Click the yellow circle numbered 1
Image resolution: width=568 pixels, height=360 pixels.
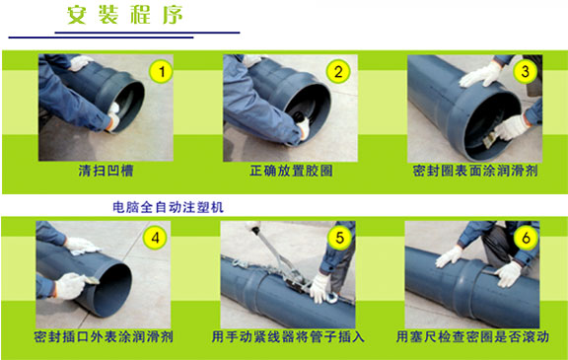point(161,71)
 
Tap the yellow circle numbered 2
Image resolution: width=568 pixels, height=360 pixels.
point(338,71)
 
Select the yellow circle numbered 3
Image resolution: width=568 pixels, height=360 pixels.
point(526,71)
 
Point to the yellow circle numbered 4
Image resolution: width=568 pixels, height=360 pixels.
point(155,238)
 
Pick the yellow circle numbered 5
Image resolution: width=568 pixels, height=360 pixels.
point(339,238)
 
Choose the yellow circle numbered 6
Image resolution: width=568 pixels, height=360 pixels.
point(526,238)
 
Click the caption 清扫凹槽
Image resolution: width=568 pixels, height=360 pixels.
point(106,171)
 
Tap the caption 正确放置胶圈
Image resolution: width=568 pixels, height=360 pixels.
point(291,171)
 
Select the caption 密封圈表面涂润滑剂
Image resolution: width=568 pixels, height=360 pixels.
point(475,171)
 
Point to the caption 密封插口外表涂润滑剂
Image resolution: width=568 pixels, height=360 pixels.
point(104,336)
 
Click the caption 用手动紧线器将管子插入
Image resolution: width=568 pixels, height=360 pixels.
point(288,336)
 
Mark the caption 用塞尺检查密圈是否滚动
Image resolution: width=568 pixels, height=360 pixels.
point(472,336)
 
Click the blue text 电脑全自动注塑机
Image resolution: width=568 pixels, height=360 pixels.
point(168,207)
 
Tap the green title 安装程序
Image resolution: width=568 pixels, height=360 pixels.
point(124,15)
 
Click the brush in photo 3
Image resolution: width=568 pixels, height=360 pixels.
point(490,140)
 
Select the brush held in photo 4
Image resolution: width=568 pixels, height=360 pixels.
point(91,279)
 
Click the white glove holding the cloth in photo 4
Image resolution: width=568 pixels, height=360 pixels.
point(81,246)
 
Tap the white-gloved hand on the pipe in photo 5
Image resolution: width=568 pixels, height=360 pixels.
point(320,289)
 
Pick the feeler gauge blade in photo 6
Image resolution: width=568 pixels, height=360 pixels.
point(490,272)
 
